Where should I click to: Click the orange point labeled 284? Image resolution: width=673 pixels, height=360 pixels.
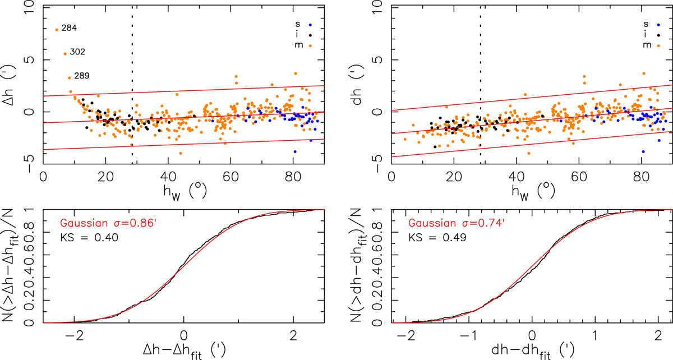pyautogui.click(x=57, y=30)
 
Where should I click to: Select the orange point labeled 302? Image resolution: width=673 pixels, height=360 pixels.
pyautogui.click(x=65, y=54)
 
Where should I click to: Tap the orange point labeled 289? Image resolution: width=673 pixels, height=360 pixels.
pyautogui.click(x=69, y=78)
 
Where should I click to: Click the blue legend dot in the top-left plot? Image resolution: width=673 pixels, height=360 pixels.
pyautogui.click(x=310, y=25)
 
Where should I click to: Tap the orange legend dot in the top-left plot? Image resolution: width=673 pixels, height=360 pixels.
pyautogui.click(x=310, y=45)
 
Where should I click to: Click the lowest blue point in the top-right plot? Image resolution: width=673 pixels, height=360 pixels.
pyautogui.click(x=643, y=151)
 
